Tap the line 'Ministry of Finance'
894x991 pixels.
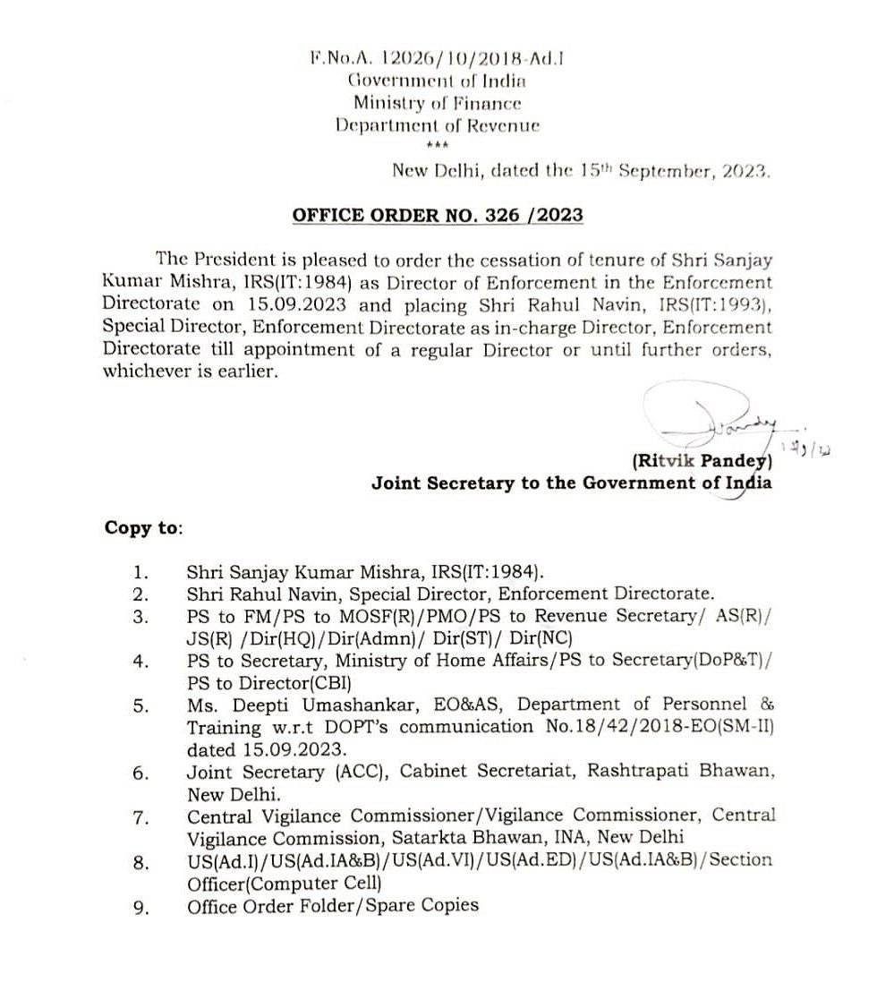(437, 103)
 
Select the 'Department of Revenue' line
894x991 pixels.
(437, 125)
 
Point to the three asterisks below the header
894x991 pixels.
(438, 146)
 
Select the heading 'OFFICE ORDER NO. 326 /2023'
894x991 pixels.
(438, 215)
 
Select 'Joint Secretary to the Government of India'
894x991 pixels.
(572, 483)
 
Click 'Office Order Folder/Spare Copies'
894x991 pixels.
(333, 905)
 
